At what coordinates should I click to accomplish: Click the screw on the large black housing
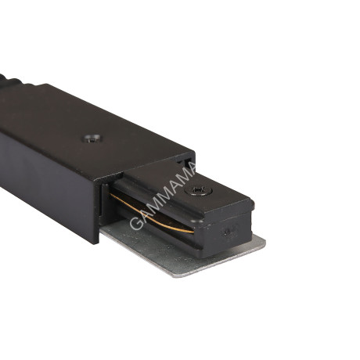[x=92, y=139]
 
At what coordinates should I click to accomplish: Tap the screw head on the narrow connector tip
[x=198, y=190]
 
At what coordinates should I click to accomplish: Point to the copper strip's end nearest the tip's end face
[x=193, y=232]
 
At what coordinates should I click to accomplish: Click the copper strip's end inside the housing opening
[x=112, y=195]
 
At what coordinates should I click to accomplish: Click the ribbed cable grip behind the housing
[x=10, y=80]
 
